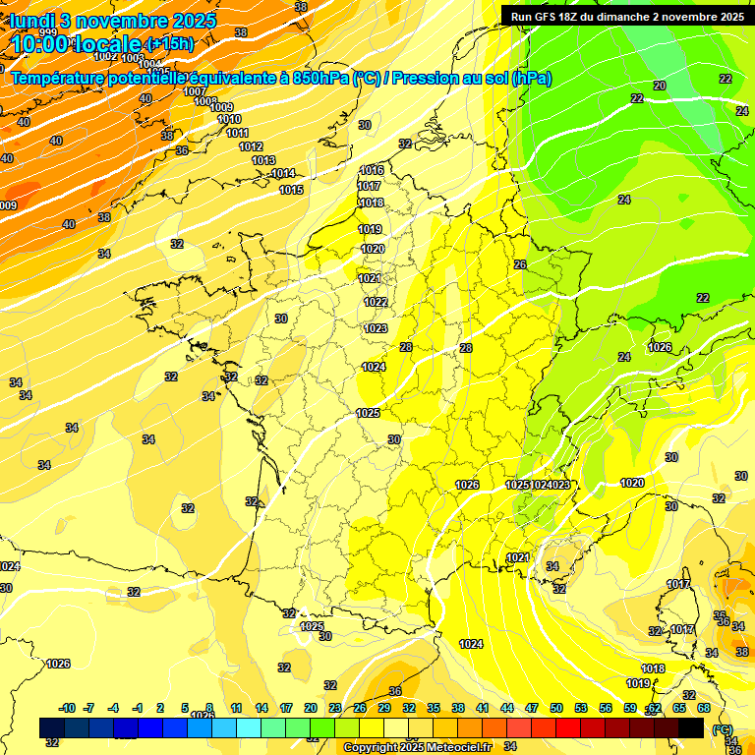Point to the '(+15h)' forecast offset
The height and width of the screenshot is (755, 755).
click(x=170, y=43)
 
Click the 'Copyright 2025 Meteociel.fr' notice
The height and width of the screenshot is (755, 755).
click(x=417, y=747)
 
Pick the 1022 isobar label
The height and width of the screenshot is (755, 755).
click(x=375, y=302)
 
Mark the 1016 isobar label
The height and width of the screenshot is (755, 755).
click(x=371, y=170)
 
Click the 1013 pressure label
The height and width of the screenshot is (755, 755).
click(x=263, y=160)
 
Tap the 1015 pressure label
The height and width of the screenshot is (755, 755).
click(x=291, y=190)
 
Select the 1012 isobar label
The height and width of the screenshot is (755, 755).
click(x=251, y=146)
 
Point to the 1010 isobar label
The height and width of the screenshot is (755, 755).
click(x=229, y=119)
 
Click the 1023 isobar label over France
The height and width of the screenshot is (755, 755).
click(x=375, y=328)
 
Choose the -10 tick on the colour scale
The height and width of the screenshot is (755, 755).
click(x=68, y=708)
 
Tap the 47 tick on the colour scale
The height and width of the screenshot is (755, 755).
click(x=532, y=708)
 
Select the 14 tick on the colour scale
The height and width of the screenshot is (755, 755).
click(x=261, y=708)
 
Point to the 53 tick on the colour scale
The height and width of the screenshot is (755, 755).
click(x=581, y=708)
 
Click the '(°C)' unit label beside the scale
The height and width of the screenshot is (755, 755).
click(x=722, y=728)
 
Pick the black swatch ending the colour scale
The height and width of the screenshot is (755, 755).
click(x=691, y=727)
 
